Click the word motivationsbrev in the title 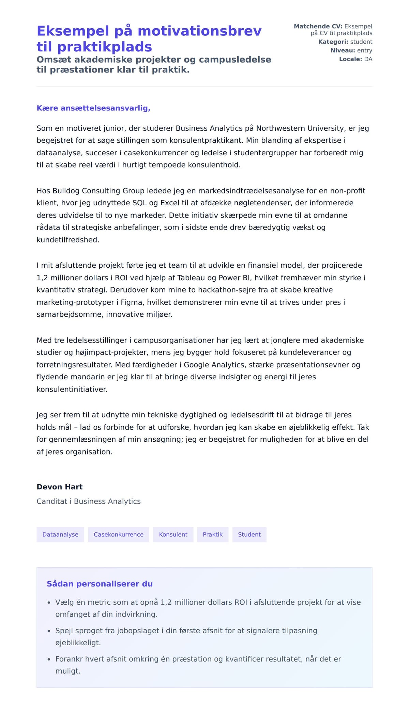pyautogui.click(x=199, y=31)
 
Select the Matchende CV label pyautogui.click(x=318, y=26)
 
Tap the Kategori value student pyautogui.click(x=361, y=42)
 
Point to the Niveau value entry pyautogui.click(x=364, y=50)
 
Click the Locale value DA pyautogui.click(x=368, y=59)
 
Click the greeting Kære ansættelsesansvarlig pyautogui.click(x=93, y=108)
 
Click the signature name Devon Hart pyautogui.click(x=60, y=487)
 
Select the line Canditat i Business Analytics pyautogui.click(x=89, y=502)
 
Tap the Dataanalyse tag pyautogui.click(x=60, y=535)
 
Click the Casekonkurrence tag pyautogui.click(x=119, y=535)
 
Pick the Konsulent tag pyautogui.click(x=173, y=535)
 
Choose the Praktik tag pyautogui.click(x=213, y=535)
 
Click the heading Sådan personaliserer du pyautogui.click(x=100, y=584)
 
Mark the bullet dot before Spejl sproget pyautogui.click(x=49, y=631)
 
